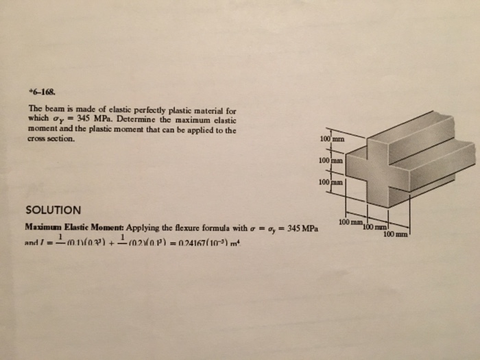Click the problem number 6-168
click(x=40, y=90)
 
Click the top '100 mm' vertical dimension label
click(x=331, y=140)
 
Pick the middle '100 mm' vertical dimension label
click(x=331, y=160)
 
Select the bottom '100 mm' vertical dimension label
click(x=331, y=182)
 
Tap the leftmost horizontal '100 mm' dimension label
click(x=351, y=223)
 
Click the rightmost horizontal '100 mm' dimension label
click(x=396, y=234)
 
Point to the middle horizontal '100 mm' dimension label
click(x=375, y=227)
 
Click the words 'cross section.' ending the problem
click(x=48, y=138)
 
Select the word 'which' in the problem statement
click(x=38, y=119)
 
